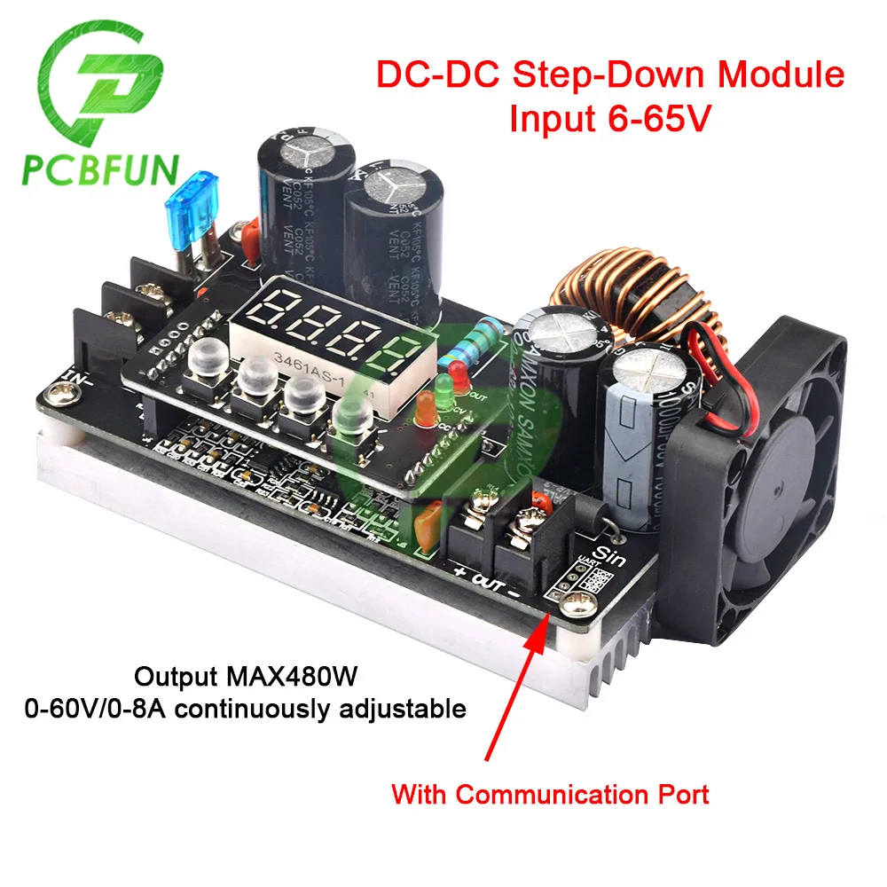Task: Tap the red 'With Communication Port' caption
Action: (550, 794)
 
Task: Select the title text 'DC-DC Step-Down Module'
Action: (610, 75)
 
